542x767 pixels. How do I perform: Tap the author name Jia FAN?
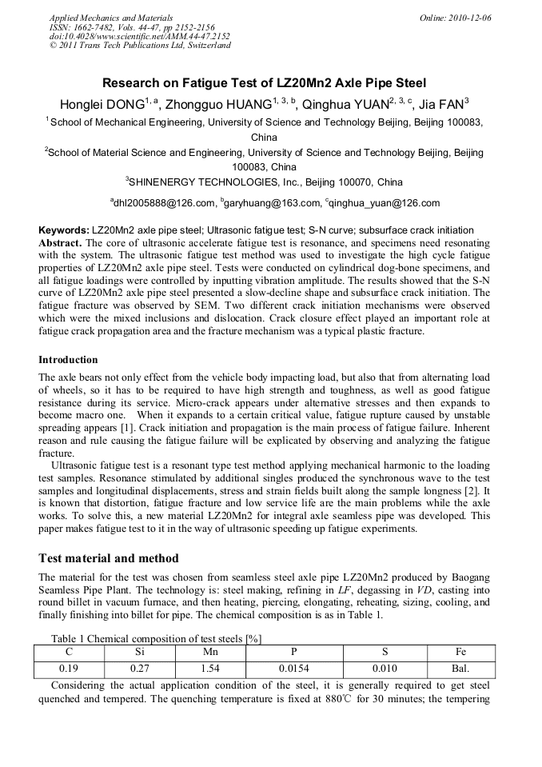(440, 104)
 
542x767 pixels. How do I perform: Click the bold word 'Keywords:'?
(64, 230)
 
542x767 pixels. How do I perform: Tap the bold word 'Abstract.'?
(61, 242)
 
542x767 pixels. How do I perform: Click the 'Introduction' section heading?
(68, 360)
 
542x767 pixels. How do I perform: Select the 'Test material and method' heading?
(108, 558)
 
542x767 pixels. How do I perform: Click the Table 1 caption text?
(156, 638)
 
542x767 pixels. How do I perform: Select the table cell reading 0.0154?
(293, 668)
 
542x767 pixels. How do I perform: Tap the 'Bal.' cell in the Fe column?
(461, 668)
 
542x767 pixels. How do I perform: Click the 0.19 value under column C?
(69, 668)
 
